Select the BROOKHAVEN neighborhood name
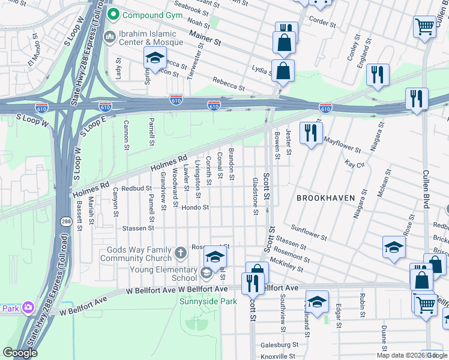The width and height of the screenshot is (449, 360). coord(325,197)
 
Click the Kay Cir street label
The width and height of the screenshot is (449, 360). coord(355,163)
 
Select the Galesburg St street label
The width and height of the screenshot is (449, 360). coord(279,345)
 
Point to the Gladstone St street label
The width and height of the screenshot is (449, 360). coord(256,196)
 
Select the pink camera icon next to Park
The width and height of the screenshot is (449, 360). coord(28,308)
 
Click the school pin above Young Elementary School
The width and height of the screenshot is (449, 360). coord(215,257)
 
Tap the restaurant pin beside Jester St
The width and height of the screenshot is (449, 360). coord(310,133)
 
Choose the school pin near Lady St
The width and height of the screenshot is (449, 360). coord(154,59)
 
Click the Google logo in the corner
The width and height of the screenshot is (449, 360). coord(20,353)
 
